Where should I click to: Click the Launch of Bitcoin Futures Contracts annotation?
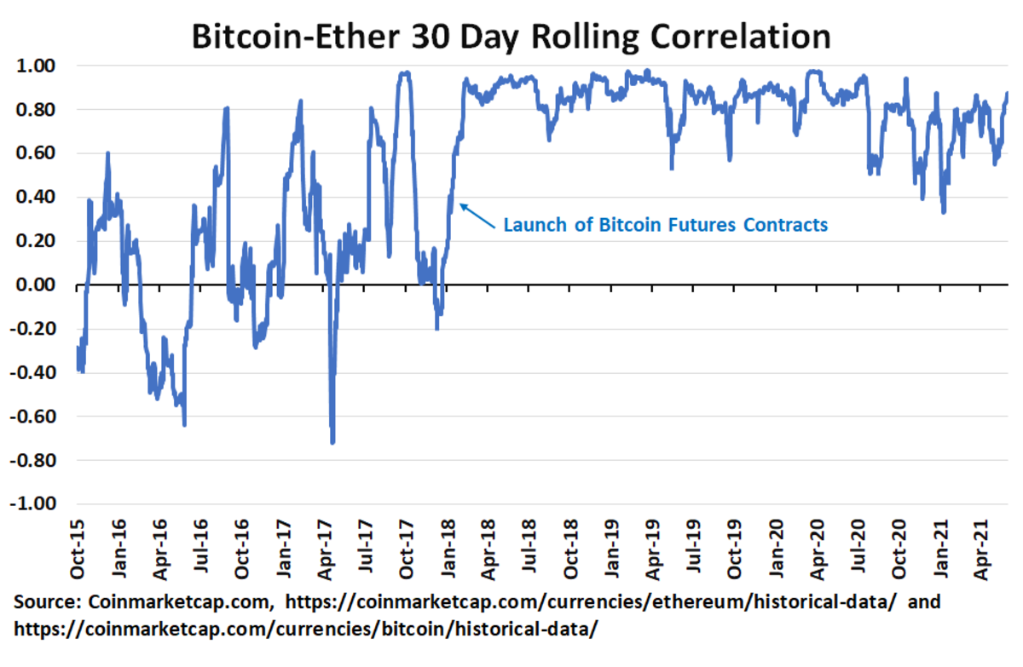click(665, 226)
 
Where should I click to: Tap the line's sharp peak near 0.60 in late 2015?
click(107, 153)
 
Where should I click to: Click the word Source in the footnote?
click(46, 603)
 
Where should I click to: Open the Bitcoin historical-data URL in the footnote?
click(307, 629)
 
